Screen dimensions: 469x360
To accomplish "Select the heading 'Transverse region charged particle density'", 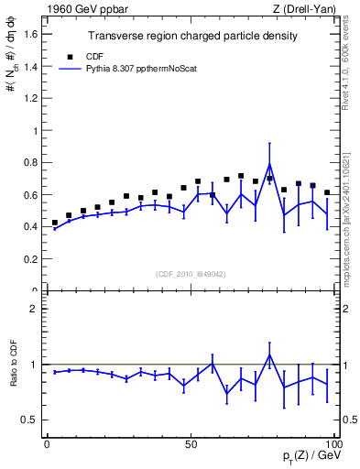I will pyautogui.click(x=191, y=36).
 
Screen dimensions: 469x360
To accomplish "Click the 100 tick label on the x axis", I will pyautogui.click(x=333, y=443).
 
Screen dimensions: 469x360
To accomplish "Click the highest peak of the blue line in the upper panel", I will pyautogui.click(x=269, y=165).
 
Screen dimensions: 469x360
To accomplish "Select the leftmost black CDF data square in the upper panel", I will pyautogui.click(x=54, y=223).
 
